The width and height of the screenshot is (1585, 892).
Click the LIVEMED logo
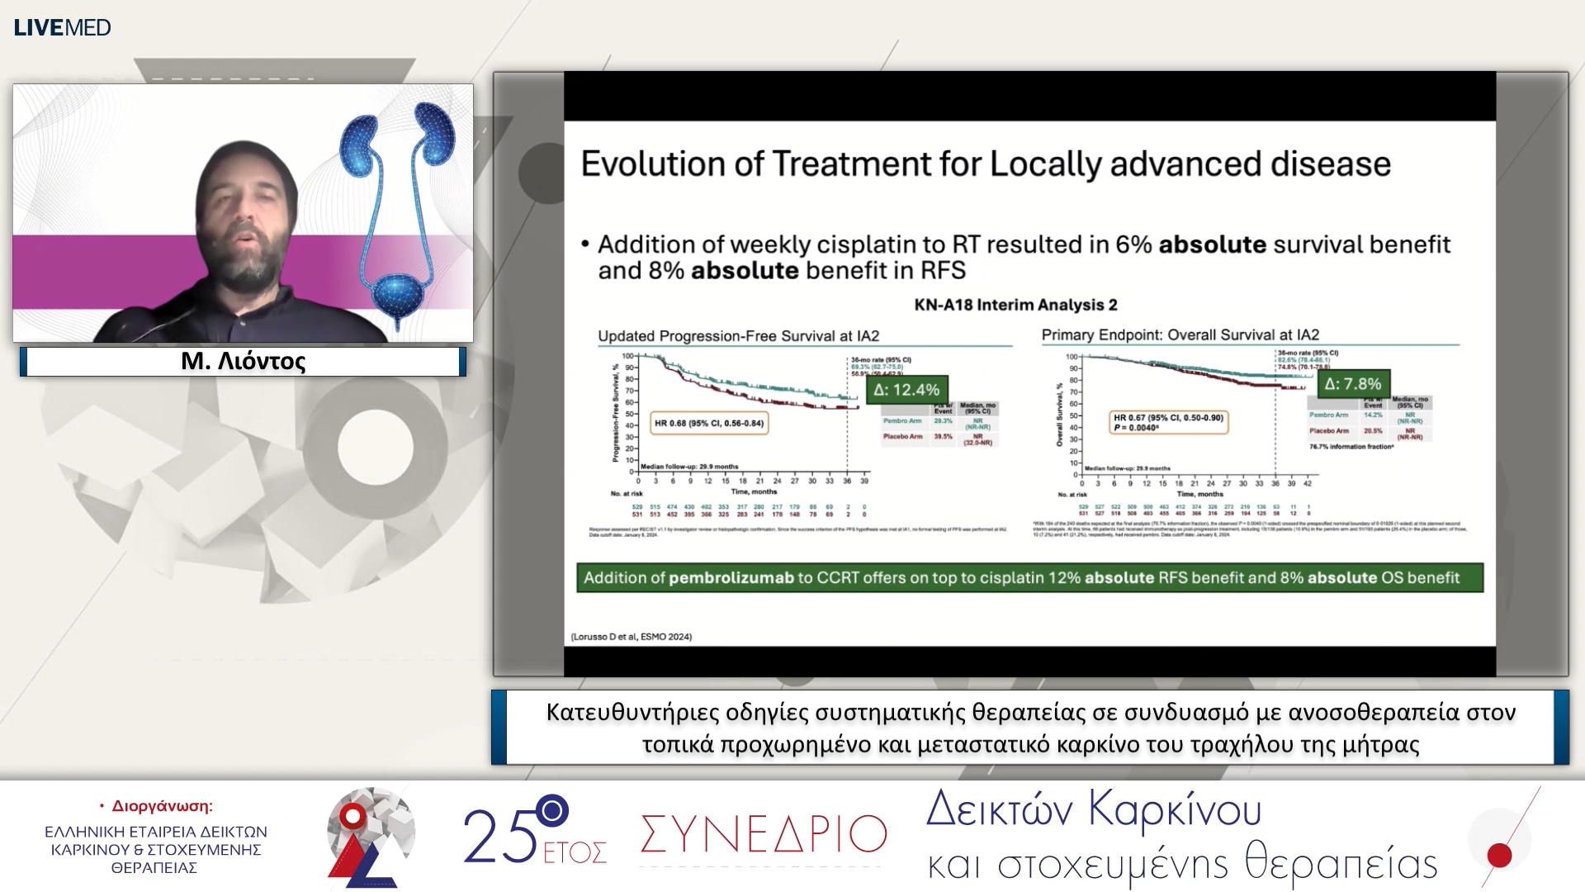coord(62,27)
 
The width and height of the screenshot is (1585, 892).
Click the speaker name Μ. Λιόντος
coord(243,361)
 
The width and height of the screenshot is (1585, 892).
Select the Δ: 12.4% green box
coord(906,390)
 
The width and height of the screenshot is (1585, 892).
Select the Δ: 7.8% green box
coord(1352,384)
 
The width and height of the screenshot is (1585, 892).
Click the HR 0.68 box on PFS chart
coord(709,423)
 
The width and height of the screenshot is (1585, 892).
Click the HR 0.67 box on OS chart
coord(1168,422)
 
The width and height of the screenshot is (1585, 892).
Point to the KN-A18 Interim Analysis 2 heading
coord(1015,305)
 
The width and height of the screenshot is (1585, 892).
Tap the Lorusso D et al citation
coord(632,637)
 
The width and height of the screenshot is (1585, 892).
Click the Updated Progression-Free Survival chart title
coord(738,336)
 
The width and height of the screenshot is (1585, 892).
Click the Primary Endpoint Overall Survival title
coord(1180,334)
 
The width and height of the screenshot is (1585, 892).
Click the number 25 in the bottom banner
coord(499,836)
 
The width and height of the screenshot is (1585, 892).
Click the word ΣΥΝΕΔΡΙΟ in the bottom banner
coord(764,834)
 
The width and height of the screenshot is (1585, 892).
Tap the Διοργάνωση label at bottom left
coord(162,806)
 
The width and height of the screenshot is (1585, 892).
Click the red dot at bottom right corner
coord(1499,856)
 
